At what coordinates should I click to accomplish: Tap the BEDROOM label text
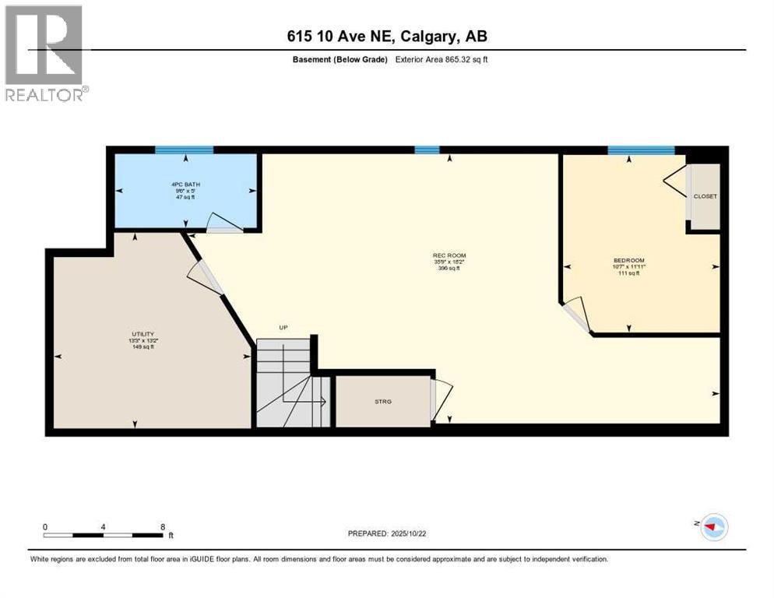click(x=628, y=260)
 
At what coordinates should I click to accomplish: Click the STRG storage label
click(x=382, y=401)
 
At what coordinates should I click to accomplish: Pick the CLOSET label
click(x=705, y=196)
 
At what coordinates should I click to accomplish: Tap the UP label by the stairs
click(x=284, y=328)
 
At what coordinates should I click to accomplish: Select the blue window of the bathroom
click(x=184, y=150)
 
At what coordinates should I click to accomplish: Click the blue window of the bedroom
click(x=641, y=150)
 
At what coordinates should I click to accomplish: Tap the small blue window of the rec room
click(x=427, y=150)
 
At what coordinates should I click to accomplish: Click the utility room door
click(x=206, y=276)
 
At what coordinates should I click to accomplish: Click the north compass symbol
click(x=712, y=527)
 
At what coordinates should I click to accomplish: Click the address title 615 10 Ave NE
click(x=386, y=36)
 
